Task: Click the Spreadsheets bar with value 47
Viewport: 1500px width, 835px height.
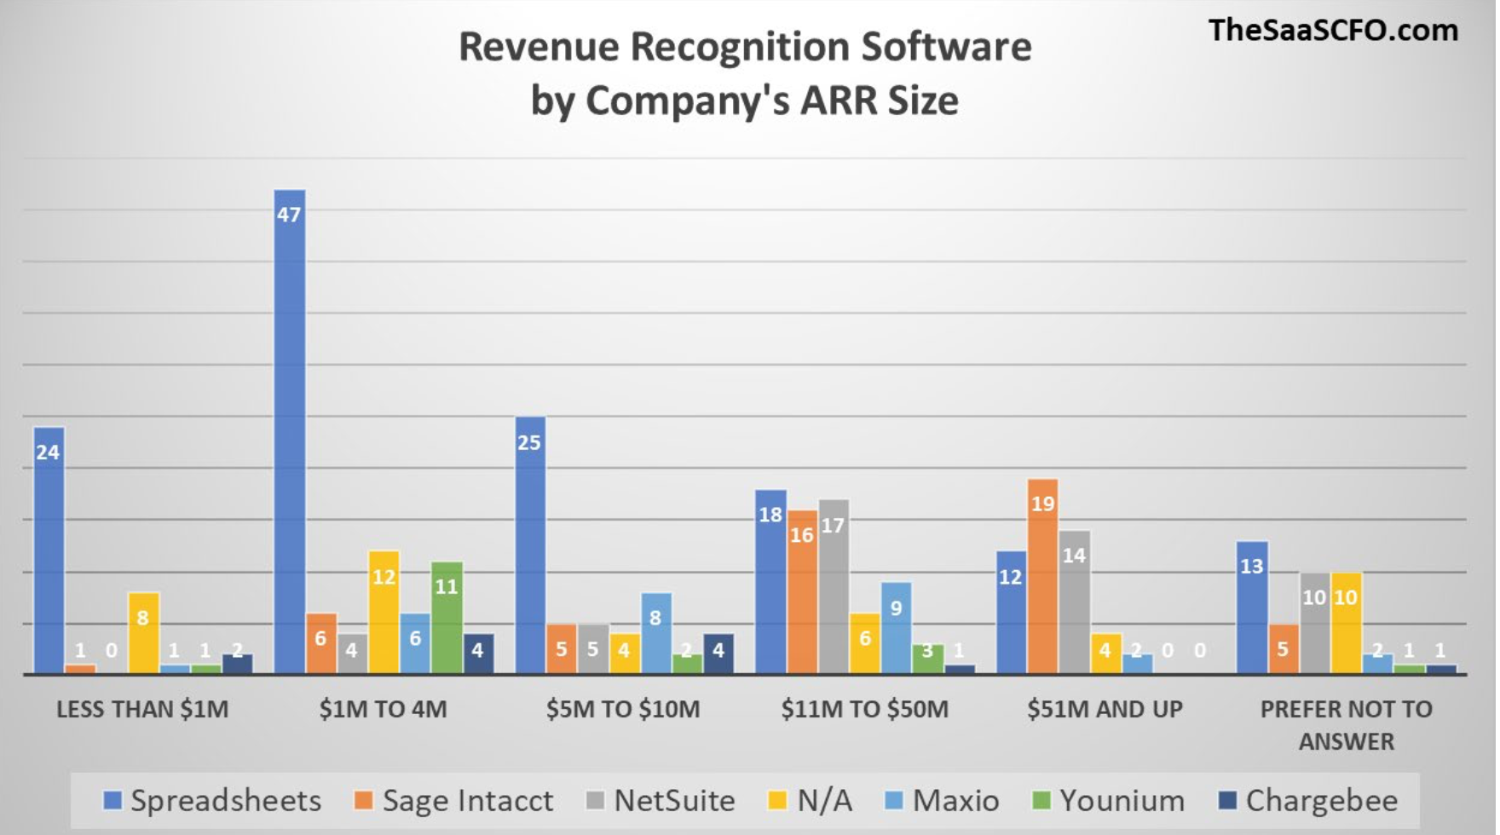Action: [289, 430]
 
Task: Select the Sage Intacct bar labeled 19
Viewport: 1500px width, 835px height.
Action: [1042, 576]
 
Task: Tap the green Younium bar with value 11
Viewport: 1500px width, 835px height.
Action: [447, 617]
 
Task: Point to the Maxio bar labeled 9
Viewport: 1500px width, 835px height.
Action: [896, 627]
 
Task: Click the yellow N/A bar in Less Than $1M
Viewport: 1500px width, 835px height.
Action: [143, 632]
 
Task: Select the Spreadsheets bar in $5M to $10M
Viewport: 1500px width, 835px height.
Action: [529, 545]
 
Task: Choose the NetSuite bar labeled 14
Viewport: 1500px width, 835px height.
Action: [1074, 602]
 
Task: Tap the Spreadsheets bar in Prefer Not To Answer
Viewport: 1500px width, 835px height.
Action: [1251, 607]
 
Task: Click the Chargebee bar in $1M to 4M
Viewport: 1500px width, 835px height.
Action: [478, 653]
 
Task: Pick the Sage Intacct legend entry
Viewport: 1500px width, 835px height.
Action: [454, 801]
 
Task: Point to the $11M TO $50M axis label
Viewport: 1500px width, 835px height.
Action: [864, 709]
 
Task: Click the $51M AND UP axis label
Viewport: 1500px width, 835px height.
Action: [1105, 709]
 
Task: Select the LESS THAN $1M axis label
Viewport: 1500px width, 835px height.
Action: [142, 709]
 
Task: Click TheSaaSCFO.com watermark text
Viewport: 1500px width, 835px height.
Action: [1333, 31]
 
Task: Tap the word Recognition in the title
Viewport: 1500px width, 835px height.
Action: [745, 47]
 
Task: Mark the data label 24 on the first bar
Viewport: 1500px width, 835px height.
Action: [48, 452]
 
